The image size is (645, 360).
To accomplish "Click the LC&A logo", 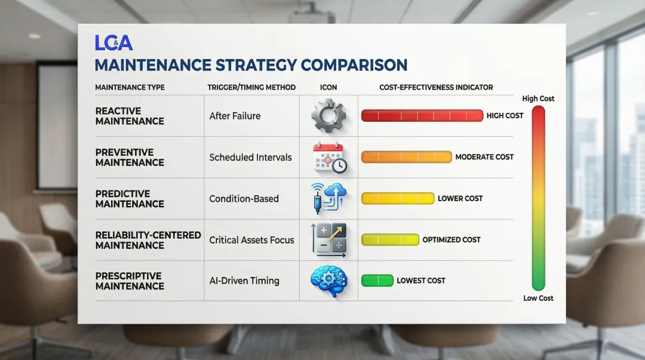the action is click(113, 43).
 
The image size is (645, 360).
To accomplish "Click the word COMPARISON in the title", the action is click(354, 65).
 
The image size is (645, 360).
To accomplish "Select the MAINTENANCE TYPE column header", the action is click(130, 87).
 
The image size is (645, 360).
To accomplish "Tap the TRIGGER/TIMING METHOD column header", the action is click(251, 87).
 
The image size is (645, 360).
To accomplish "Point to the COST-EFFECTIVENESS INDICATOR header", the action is click(436, 87).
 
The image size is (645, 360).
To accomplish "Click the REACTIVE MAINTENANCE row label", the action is click(130, 116).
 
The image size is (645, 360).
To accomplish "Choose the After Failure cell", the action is click(235, 116).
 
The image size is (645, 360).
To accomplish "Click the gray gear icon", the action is click(328, 116).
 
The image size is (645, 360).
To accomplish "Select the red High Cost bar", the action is click(422, 116).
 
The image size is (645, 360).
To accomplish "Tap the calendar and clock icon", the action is click(330, 157).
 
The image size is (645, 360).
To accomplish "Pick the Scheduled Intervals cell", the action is click(250, 157).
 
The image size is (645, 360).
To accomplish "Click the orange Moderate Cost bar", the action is click(407, 157).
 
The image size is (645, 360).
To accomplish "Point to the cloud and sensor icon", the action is click(329, 198).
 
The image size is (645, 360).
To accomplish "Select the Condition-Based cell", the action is click(244, 199).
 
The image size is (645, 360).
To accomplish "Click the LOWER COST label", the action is click(460, 198).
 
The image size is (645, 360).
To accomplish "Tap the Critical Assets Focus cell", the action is click(252, 240).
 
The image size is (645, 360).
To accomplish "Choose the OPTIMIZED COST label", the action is click(451, 239).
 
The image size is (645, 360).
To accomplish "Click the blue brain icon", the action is click(329, 281).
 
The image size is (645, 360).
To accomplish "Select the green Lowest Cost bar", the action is click(377, 281).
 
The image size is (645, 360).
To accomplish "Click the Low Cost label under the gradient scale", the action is click(538, 298).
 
